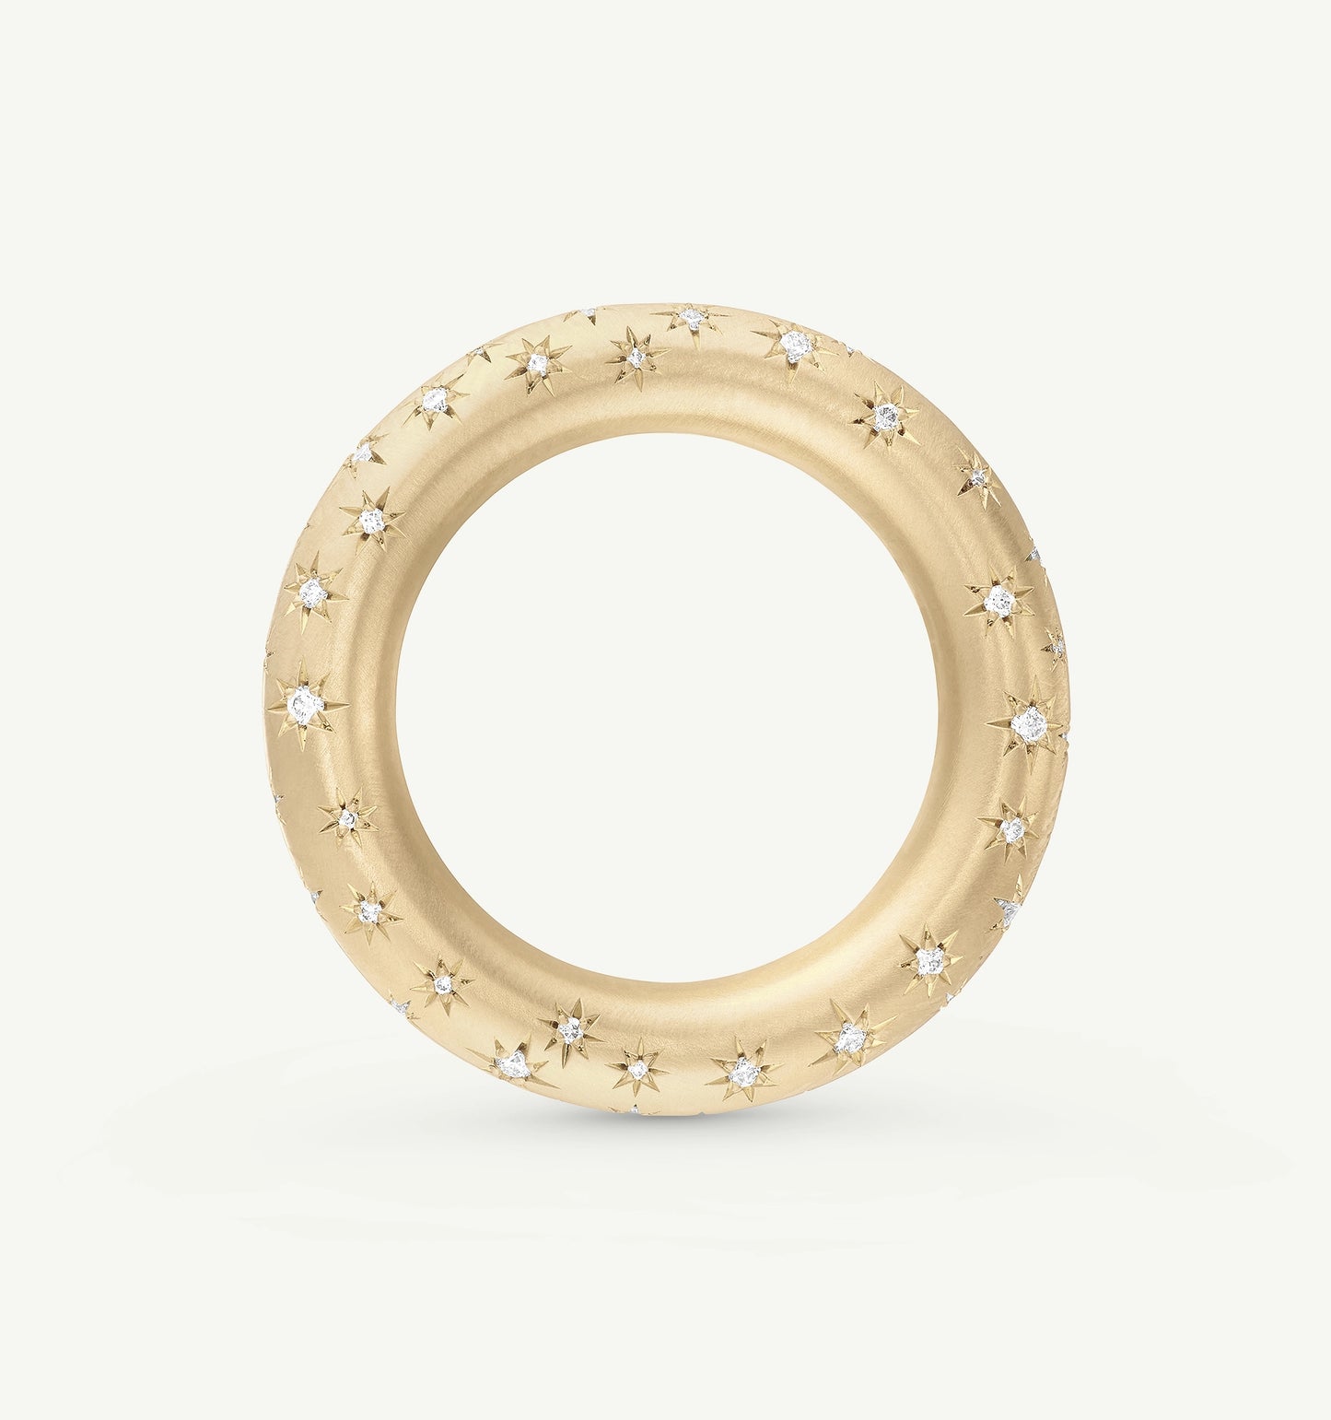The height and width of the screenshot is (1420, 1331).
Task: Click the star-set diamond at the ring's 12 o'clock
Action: [690, 319]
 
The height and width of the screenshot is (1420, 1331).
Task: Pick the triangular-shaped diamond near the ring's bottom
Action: [508, 1066]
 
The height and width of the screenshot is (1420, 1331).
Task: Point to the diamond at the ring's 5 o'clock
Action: [928, 961]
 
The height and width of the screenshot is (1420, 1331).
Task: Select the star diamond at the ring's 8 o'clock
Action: [369, 911]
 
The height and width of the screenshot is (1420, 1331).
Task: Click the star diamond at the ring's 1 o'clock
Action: [884, 418]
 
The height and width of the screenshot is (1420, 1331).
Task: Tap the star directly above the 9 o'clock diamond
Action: [313, 589]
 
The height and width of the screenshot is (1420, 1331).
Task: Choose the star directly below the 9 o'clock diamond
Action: [347, 818]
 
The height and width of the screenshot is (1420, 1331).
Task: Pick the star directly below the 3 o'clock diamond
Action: [1012, 830]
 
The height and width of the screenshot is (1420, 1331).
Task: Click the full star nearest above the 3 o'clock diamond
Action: [998, 601]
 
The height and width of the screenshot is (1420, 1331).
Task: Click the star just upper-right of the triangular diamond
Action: [570, 1029]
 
